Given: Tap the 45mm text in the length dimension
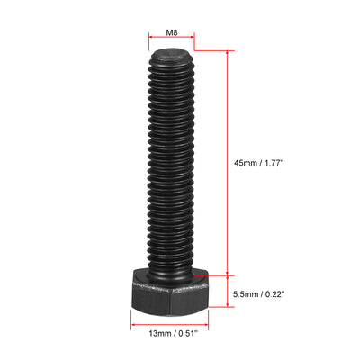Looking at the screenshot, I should click(x=246, y=162).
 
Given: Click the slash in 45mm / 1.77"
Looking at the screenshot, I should click(x=261, y=162).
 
